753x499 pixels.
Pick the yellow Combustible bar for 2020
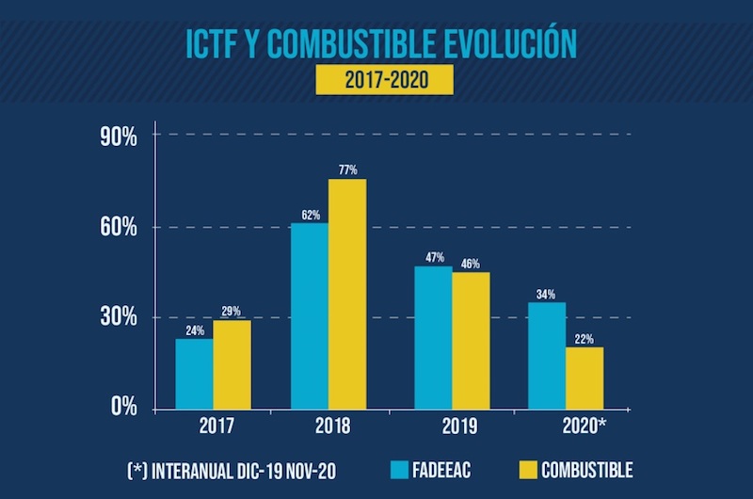[585, 378]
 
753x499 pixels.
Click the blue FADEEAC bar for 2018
[309, 315]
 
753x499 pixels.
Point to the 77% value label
[347, 169]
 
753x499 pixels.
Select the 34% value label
[547, 293]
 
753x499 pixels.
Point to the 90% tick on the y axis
[120, 137]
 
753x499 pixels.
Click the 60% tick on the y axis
[120, 228]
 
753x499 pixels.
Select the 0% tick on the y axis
[124, 408]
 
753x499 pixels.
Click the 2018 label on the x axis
[328, 426]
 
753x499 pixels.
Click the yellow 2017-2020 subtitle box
[384, 79]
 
